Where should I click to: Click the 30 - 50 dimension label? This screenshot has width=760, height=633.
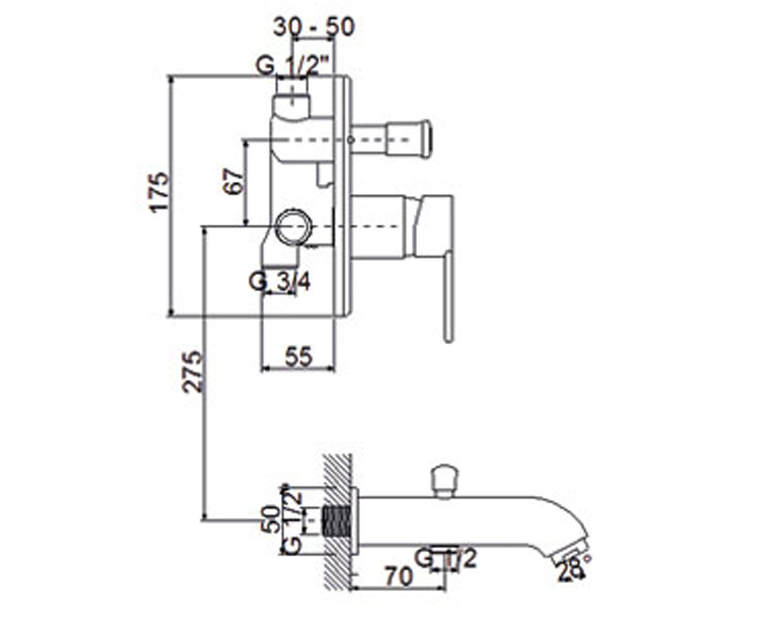tap(313, 27)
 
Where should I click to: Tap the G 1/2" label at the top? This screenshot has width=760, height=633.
tap(292, 66)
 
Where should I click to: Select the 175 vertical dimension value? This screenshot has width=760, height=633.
tap(159, 193)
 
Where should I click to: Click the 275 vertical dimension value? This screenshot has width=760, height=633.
tap(192, 372)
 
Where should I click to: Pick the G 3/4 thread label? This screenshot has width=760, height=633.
tap(279, 282)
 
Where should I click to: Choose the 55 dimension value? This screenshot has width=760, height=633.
tap(299, 356)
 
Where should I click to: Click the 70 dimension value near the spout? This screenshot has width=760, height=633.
tap(399, 577)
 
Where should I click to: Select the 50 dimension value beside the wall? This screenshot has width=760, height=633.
tap(271, 519)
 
